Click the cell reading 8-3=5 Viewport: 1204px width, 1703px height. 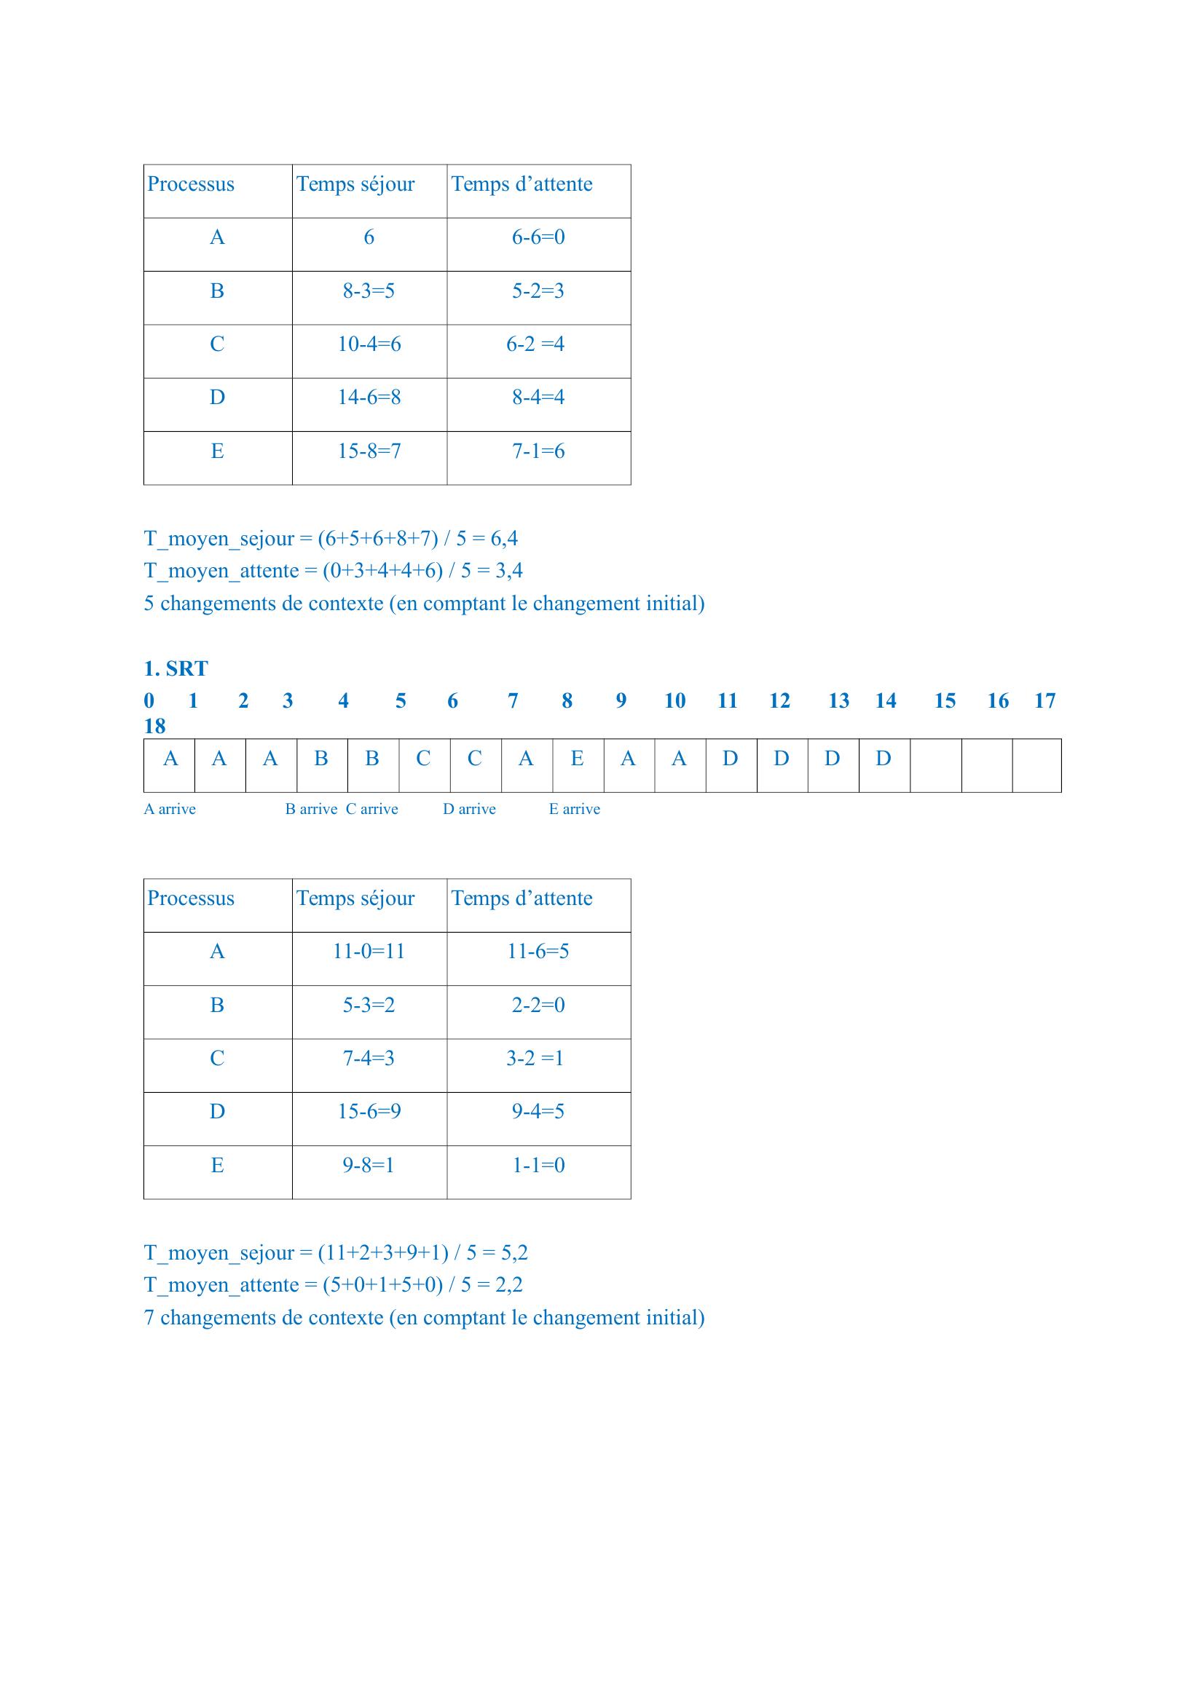(x=369, y=291)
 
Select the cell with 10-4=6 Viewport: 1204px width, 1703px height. (x=369, y=344)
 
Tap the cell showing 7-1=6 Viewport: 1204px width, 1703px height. (x=538, y=451)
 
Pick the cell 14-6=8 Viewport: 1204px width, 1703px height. (x=369, y=398)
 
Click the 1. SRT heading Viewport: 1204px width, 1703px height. (x=176, y=668)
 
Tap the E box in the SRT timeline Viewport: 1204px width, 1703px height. (x=577, y=759)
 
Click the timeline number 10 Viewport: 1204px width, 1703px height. (x=674, y=701)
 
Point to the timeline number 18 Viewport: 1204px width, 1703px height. (x=154, y=726)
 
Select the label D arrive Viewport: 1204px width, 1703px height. (x=469, y=809)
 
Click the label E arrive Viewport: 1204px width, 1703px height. (x=574, y=809)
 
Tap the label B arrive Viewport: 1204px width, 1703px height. (x=311, y=809)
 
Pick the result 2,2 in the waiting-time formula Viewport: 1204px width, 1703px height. (x=509, y=1284)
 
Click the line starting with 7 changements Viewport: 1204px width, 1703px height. (x=424, y=1317)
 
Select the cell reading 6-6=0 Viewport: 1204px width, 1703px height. (x=538, y=237)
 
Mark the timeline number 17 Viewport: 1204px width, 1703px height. (x=1044, y=701)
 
